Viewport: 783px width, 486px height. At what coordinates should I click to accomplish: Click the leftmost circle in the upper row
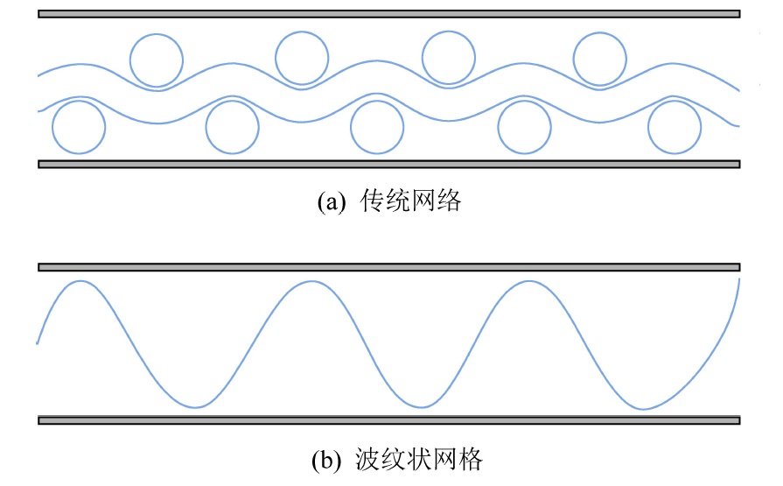pos(157,60)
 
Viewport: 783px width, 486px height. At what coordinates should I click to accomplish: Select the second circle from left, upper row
pos(302,58)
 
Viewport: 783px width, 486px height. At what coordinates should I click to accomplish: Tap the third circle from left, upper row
pos(449,57)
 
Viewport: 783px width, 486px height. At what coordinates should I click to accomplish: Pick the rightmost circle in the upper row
pos(600,60)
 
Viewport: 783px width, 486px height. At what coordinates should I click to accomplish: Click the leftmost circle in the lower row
pos(79,127)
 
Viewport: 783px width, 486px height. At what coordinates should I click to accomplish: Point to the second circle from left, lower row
pos(233,127)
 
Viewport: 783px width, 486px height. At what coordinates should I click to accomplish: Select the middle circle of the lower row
pos(377,127)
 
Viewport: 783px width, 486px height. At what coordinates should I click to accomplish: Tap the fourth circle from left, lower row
pos(525,127)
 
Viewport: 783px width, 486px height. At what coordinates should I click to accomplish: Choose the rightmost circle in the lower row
pos(675,127)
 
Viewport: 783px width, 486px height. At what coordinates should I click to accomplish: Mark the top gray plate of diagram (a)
pos(390,14)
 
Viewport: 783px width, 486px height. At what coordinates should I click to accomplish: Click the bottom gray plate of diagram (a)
pos(390,164)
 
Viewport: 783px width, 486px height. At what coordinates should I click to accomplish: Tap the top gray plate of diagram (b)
pos(390,266)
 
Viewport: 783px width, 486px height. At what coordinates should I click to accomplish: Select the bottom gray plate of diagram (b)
pos(390,420)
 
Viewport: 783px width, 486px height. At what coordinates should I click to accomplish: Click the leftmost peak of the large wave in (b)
pos(81,282)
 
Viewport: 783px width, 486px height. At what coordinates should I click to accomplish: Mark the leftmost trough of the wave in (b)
pos(199,406)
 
